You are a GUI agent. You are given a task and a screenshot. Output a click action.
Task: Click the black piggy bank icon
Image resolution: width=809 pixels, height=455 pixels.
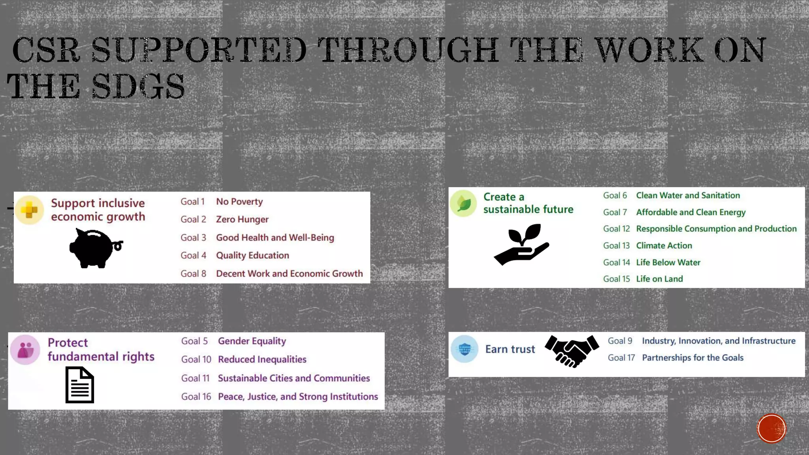tap(95, 248)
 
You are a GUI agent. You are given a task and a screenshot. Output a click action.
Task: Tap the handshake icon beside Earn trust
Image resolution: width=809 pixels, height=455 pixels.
tap(572, 351)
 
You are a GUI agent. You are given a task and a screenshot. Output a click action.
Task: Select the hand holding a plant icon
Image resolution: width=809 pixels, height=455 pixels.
tap(521, 244)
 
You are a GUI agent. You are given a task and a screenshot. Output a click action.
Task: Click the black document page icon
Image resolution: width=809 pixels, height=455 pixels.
tap(80, 385)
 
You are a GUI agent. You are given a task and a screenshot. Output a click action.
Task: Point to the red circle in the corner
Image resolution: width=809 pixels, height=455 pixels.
tap(771, 429)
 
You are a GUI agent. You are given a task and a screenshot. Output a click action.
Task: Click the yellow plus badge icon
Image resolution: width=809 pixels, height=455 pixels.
tap(29, 210)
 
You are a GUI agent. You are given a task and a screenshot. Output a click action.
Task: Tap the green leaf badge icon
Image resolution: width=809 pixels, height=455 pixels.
tap(463, 203)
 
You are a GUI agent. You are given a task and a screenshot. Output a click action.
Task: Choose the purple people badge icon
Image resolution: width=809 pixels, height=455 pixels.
tap(25, 350)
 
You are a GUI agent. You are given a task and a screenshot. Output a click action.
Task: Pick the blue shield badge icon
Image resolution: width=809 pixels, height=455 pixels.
tap(465, 349)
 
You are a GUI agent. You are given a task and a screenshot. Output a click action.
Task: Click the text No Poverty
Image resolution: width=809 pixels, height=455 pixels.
tap(239, 201)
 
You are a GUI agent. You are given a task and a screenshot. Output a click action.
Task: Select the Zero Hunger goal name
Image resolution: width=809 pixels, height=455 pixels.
tap(242, 219)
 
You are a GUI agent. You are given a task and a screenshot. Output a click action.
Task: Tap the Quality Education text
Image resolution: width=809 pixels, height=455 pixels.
tap(252, 255)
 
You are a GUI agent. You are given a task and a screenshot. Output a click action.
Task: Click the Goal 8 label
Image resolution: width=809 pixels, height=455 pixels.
tap(193, 273)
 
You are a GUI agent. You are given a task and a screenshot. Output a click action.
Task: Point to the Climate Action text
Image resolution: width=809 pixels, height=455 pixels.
tap(664, 245)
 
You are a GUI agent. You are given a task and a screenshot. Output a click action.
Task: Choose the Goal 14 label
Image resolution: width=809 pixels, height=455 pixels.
tap(616, 262)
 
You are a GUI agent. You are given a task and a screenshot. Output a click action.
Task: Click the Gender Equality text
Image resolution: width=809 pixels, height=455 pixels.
tap(252, 341)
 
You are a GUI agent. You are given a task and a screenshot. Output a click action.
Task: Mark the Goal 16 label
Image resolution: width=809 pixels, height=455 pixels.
tap(196, 396)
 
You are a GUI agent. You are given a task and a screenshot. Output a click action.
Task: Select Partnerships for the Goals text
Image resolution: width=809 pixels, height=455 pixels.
tap(692, 357)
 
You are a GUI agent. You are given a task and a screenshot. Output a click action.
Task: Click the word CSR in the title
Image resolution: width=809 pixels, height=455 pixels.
tap(46, 50)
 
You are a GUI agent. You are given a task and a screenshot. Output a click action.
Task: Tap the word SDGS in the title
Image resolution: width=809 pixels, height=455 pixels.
tap(138, 86)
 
